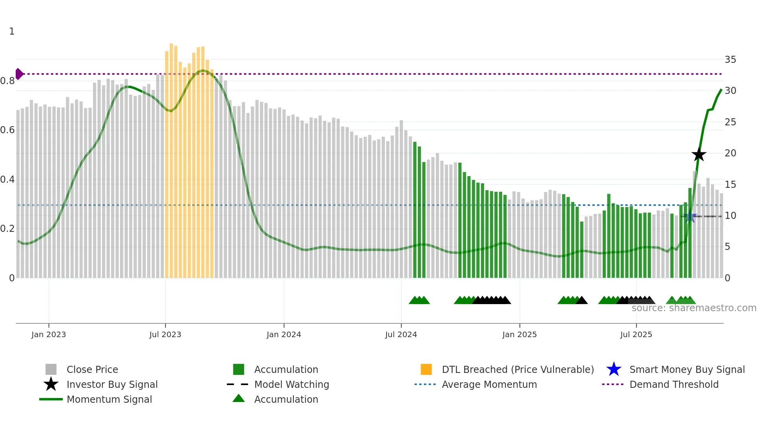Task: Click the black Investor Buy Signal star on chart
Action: tap(698, 154)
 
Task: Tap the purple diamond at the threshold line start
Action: tap(19, 74)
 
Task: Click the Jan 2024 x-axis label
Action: tap(284, 334)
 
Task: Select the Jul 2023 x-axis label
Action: tap(165, 334)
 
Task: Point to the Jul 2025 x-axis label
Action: tap(636, 334)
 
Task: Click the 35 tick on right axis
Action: tap(730, 60)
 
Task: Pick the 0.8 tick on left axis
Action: tap(7, 81)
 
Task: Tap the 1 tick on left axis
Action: tap(12, 31)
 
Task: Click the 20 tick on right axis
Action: tap(730, 153)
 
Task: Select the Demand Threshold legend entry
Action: tap(674, 384)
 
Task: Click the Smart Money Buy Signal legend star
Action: tap(614, 369)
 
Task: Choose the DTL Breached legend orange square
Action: tap(426, 369)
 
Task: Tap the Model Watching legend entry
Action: tap(291, 384)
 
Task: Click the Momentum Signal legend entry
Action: tap(109, 399)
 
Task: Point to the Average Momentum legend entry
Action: tap(489, 384)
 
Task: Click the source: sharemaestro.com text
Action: tap(694, 308)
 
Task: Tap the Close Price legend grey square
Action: tap(51, 369)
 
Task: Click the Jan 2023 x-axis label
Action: tap(49, 334)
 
